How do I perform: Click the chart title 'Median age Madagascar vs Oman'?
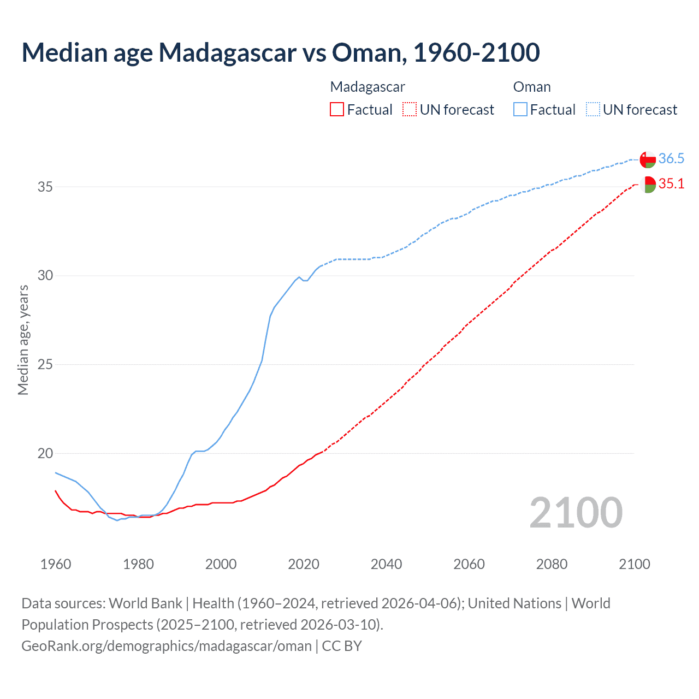[281, 52]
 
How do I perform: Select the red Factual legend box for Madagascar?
[337, 110]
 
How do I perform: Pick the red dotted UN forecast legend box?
[410, 110]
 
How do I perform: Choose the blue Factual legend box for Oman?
[520, 110]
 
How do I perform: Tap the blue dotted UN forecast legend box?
[593, 110]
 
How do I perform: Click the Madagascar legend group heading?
[368, 87]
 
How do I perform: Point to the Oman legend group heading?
[532, 87]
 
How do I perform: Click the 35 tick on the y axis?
[45, 187]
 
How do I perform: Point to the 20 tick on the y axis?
[45, 453]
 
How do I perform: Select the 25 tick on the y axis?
[45, 364]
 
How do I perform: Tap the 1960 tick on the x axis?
[56, 564]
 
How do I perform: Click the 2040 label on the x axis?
[386, 564]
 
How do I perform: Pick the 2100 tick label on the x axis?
[635, 564]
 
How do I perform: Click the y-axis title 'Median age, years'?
[23, 340]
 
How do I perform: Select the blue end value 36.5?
[671, 159]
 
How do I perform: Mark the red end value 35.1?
[671, 184]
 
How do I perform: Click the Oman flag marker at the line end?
[648, 159]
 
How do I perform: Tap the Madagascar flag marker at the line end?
[648, 185]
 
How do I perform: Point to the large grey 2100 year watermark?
[576, 512]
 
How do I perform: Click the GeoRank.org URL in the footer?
[167, 646]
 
